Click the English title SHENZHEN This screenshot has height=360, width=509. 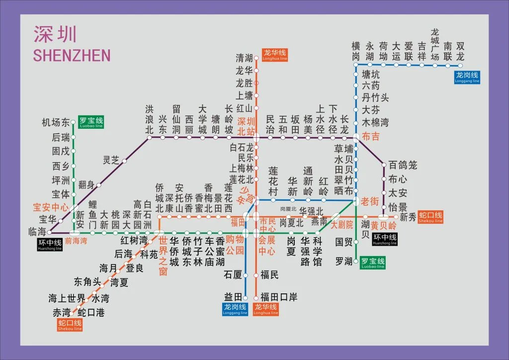coord(72,55)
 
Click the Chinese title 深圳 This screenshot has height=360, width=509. coord(55,34)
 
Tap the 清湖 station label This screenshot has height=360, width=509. coord(244,58)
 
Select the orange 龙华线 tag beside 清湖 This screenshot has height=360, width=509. coord(275,54)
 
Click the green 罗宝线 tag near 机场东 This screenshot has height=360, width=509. coord(91,122)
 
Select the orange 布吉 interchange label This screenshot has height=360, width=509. coord(370,136)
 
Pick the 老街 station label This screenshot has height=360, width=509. coord(370,201)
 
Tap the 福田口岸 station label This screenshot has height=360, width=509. coord(279,297)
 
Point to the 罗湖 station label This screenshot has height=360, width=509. coord(343,261)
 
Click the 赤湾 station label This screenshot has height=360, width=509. coord(62,313)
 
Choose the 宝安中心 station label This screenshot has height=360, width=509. coord(51,207)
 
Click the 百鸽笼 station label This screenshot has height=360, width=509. coord(403,164)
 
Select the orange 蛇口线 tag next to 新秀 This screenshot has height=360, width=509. coord(430,217)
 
